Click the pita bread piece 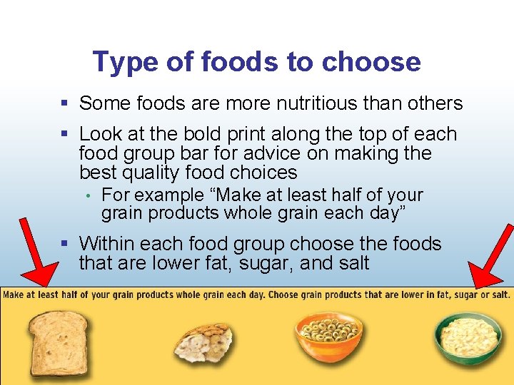pos(203,338)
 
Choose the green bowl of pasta pos(468,335)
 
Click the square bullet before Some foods pos(65,103)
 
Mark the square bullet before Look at pos(65,134)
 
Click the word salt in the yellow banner pos(500,294)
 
